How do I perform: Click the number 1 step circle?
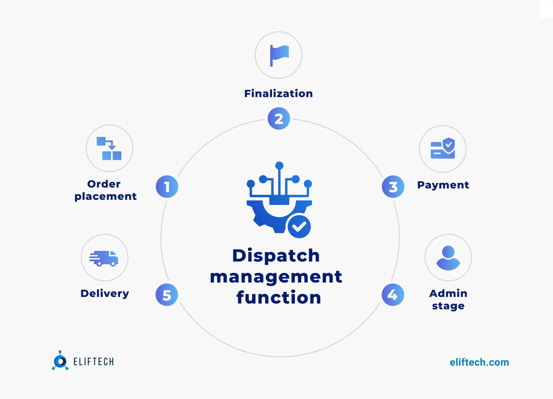tap(167, 187)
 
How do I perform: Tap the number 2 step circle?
tap(279, 119)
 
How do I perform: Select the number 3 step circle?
tap(393, 187)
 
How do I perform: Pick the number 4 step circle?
tap(393, 295)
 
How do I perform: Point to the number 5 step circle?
tap(167, 295)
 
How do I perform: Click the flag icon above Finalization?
tap(279, 55)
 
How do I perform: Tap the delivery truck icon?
tap(104, 258)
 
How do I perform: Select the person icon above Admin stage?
tap(448, 258)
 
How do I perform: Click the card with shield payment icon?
tap(443, 149)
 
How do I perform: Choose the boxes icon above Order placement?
tap(109, 148)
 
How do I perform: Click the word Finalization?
tap(278, 93)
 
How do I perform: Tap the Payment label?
tap(443, 185)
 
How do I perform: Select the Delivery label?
tap(105, 293)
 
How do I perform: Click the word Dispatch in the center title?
tap(276, 255)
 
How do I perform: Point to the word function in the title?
tap(279, 297)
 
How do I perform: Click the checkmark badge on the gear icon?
tap(299, 226)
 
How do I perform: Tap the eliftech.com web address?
tap(479, 362)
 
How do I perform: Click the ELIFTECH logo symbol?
tap(60, 361)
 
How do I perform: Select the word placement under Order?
tap(105, 197)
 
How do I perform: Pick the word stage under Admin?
tap(448, 306)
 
